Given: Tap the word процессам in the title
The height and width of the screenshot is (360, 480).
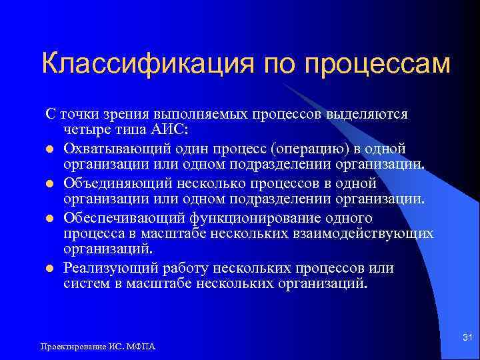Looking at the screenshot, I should [x=378, y=65].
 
